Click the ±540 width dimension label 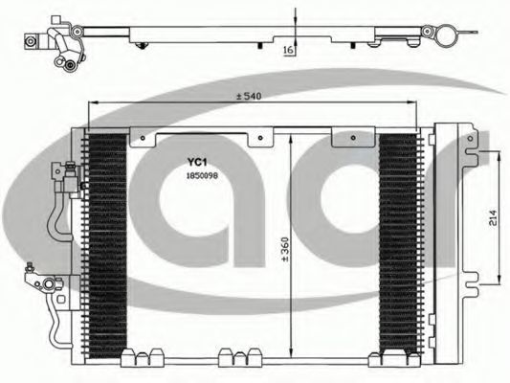click(x=249, y=97)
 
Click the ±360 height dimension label click(x=285, y=250)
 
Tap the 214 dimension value click(x=493, y=218)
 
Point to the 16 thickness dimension click(x=288, y=50)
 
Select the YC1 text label click(x=197, y=162)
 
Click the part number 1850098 click(x=202, y=176)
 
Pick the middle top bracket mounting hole click(x=260, y=138)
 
